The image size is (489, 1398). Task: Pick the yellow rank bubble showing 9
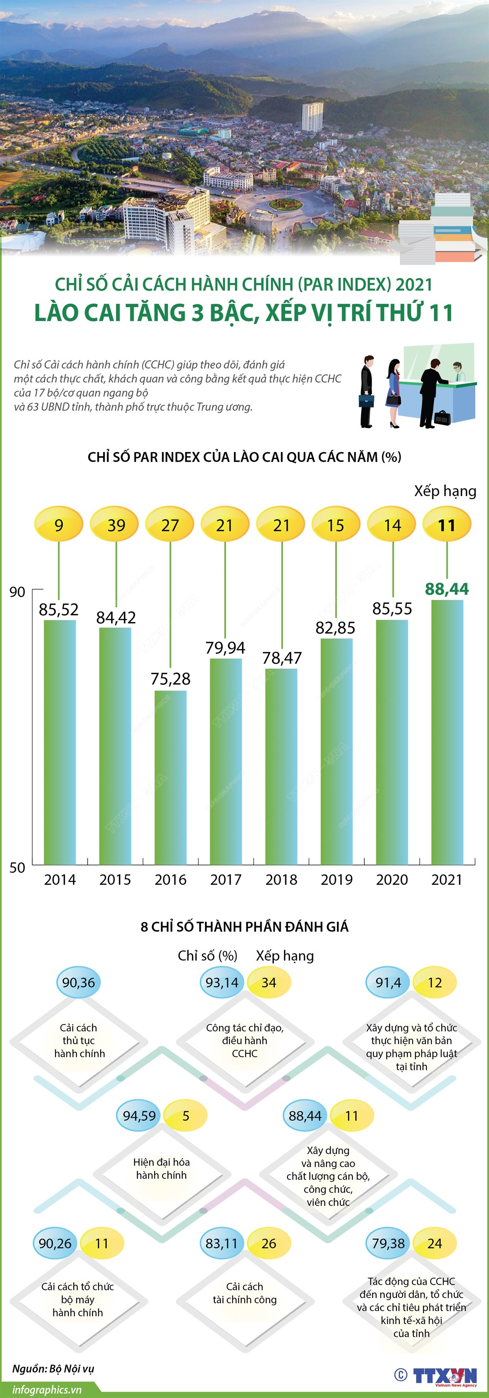click(59, 525)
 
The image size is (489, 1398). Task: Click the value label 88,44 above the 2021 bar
click(447, 589)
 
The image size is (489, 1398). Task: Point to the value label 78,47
click(282, 658)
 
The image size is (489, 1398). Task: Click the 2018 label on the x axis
click(282, 880)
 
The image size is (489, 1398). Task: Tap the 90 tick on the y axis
click(18, 592)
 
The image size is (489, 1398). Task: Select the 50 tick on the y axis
click(18, 867)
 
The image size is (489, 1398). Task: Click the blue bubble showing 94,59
click(139, 1116)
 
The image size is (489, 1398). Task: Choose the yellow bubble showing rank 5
click(186, 1116)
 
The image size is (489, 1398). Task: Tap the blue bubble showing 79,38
click(388, 1243)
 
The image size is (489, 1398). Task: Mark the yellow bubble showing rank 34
click(269, 982)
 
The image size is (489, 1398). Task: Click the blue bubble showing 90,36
click(78, 982)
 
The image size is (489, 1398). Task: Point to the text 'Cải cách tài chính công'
click(244, 1293)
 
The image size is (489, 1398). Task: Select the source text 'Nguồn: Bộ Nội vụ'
click(53, 1368)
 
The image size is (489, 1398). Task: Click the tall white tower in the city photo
click(313, 116)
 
